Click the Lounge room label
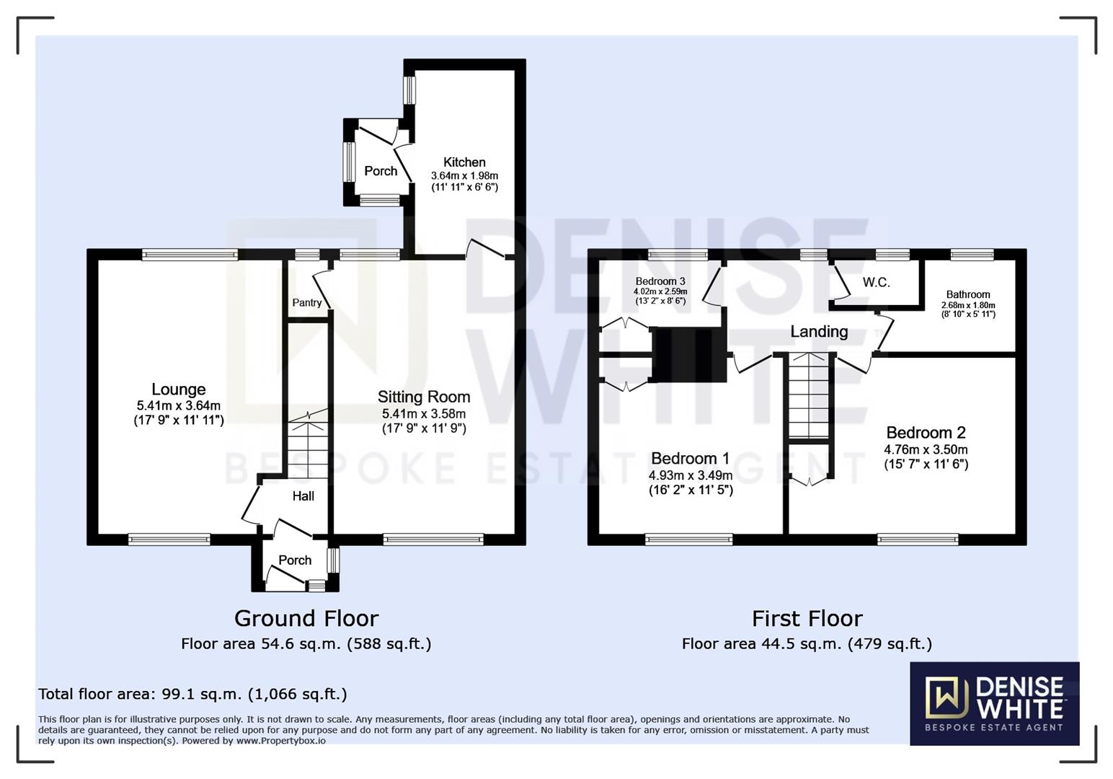[x=179, y=390]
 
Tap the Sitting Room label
[x=424, y=397]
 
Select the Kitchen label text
[x=464, y=162]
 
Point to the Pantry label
[x=307, y=302]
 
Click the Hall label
[x=303, y=496]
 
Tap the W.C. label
[x=876, y=283]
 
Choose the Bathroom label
[x=968, y=294]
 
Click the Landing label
[x=819, y=332]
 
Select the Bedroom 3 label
[x=660, y=281]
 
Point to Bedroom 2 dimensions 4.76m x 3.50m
[x=926, y=449]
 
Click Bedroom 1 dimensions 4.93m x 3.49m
[x=690, y=475]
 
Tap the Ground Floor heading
[x=306, y=619]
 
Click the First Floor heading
[x=807, y=619]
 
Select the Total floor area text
[x=192, y=694]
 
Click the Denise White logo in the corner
[x=994, y=703]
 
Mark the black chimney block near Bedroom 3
[x=689, y=354]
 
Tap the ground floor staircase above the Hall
[x=309, y=444]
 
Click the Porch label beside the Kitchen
[x=381, y=171]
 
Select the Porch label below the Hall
[x=295, y=560]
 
